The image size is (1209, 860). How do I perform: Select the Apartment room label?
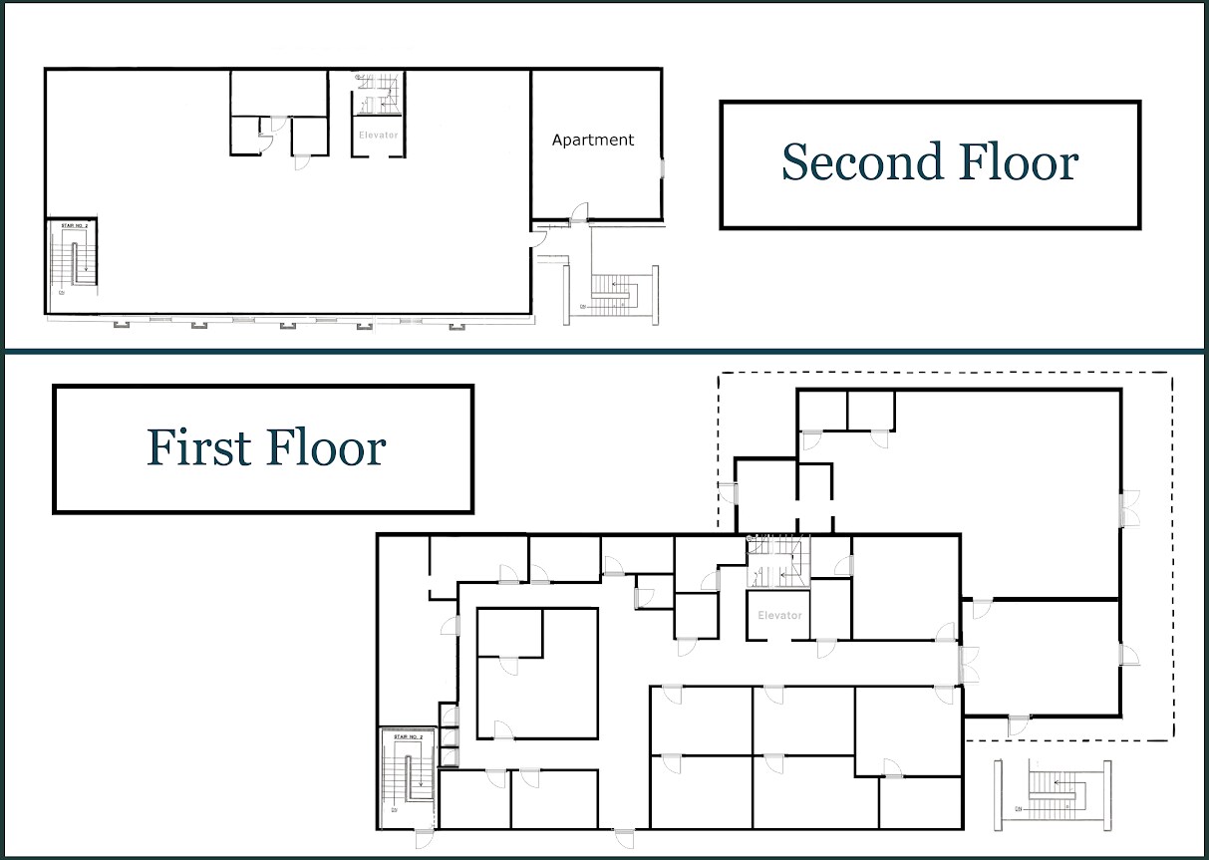click(x=593, y=141)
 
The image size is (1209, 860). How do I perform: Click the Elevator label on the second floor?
click(x=378, y=135)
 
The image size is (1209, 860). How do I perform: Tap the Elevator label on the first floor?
click(x=779, y=616)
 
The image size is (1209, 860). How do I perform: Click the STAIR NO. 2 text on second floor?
click(x=75, y=227)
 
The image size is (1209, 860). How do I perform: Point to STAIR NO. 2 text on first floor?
click(x=409, y=737)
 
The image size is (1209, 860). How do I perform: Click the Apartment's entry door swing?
click(x=579, y=212)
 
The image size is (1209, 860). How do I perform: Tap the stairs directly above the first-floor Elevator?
click(x=778, y=562)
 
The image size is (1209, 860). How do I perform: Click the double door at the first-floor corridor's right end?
click(x=964, y=664)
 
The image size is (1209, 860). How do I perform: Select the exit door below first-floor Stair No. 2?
click(x=424, y=837)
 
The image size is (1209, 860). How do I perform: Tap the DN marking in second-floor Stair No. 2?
click(x=62, y=293)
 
